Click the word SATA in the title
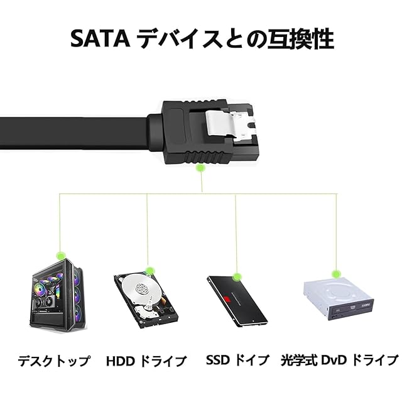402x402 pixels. click(99, 39)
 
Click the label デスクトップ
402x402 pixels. click(53, 361)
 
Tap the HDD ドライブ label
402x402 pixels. click(146, 361)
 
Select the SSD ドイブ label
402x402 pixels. click(237, 361)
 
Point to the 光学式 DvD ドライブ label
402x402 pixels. click(340, 361)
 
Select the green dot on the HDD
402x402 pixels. click(149, 271)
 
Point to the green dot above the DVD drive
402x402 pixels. click(337, 274)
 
